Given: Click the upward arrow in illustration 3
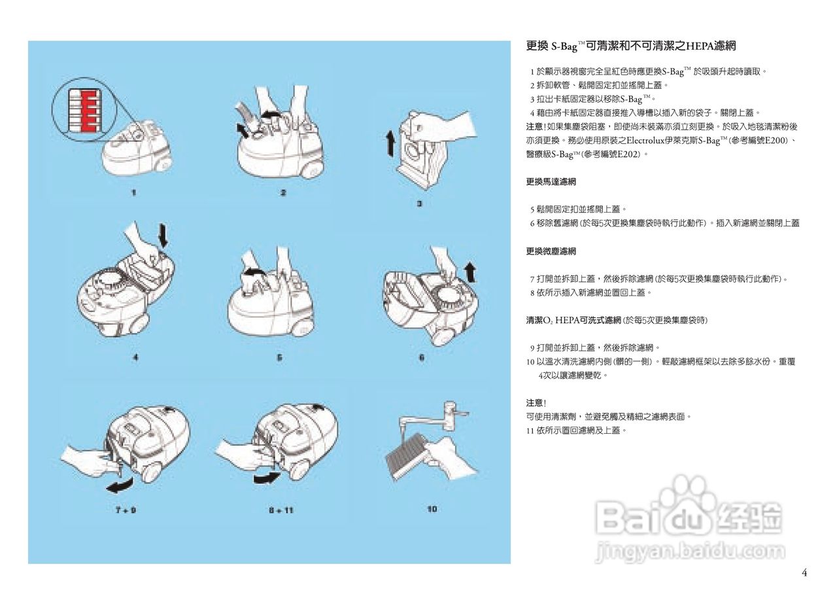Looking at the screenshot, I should point(390,143).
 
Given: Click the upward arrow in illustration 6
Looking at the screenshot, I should point(470,273).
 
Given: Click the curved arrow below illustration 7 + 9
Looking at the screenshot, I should point(121,485).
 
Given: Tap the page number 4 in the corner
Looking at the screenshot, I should point(804,574).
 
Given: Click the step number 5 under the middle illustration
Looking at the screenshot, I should point(279,358).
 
